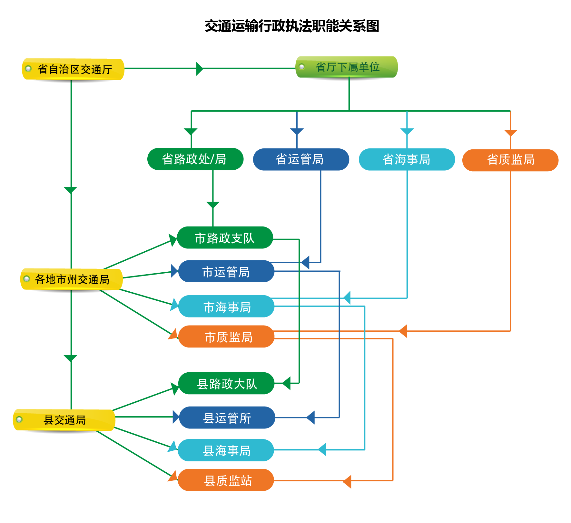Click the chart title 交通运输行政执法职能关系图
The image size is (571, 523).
coord(292,26)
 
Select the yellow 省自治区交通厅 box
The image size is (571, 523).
coord(73,69)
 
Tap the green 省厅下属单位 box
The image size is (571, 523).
coord(347,67)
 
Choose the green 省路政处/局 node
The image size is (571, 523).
coord(195,159)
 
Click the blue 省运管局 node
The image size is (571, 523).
coord(301,159)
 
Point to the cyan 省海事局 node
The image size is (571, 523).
coord(407,159)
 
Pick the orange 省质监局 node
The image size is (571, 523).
coord(510,160)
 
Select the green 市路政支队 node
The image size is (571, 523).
coord(225,238)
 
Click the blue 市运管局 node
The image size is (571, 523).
coord(226,271)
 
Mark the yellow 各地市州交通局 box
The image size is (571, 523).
coord(72,279)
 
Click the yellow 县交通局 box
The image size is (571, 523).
coord(64,420)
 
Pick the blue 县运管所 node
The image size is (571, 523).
coord(227,417)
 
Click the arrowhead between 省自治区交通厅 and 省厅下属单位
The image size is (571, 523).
coord(200,68)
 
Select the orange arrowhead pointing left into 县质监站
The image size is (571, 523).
coord(347,481)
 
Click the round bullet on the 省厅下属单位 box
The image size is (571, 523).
coord(302,67)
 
